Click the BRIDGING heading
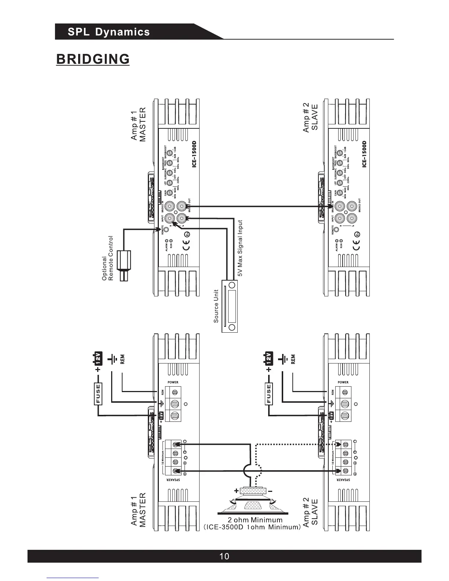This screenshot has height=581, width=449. pyautogui.click(x=93, y=59)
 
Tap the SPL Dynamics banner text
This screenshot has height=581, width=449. pyautogui.click(x=109, y=32)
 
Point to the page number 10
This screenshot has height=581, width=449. pyautogui.click(x=224, y=556)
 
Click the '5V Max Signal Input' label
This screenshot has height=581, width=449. pyautogui.click(x=240, y=248)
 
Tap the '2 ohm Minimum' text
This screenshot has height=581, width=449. pyautogui.click(x=255, y=520)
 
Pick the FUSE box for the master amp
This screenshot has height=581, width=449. pyautogui.click(x=98, y=394)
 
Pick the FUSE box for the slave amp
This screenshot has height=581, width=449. pyautogui.click(x=269, y=394)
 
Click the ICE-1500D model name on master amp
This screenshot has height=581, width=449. pyautogui.click(x=194, y=154)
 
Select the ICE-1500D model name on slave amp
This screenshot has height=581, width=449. pyautogui.click(x=364, y=154)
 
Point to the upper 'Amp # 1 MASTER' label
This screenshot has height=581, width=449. pyautogui.click(x=138, y=124)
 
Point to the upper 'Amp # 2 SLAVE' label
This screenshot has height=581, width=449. pyautogui.click(x=310, y=117)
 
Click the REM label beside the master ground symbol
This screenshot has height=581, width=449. pyautogui.click(x=123, y=359)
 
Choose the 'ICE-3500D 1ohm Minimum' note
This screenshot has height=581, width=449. pyautogui.click(x=252, y=527)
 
